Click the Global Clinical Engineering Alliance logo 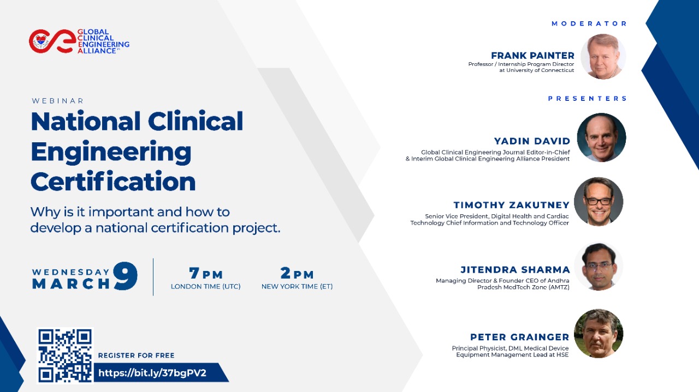click(x=79, y=41)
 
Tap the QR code click(x=65, y=355)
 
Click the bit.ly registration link click(x=152, y=373)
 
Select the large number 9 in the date click(x=125, y=276)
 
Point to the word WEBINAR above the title click(x=58, y=101)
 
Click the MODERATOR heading click(x=589, y=23)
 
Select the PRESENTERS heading click(x=587, y=99)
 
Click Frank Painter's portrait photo click(x=603, y=56)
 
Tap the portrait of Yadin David click(x=601, y=137)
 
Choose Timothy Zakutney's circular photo click(x=599, y=202)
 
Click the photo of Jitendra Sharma click(x=599, y=267)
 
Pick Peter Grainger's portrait click(x=599, y=334)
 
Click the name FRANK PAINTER click(x=532, y=56)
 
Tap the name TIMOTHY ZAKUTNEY click(x=512, y=205)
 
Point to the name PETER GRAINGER click(x=519, y=337)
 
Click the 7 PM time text click(x=206, y=273)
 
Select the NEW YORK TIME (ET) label click(x=297, y=286)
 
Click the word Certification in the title click(x=113, y=181)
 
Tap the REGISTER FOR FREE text click(x=136, y=355)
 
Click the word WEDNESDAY click(x=70, y=272)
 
